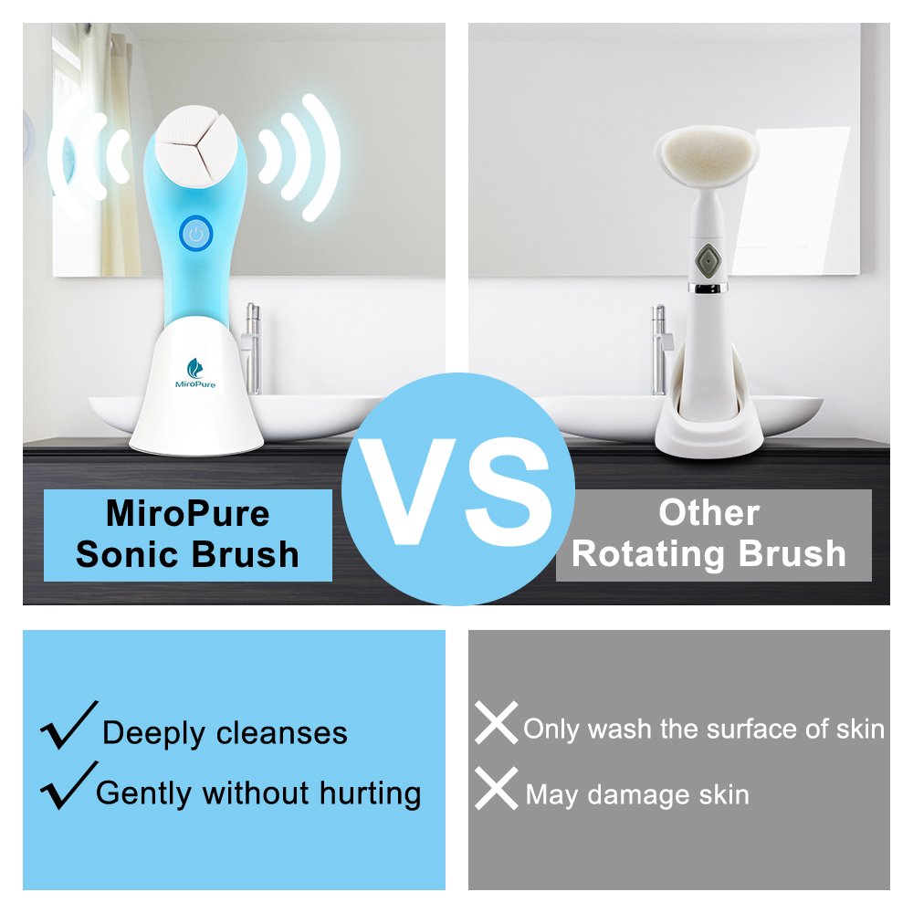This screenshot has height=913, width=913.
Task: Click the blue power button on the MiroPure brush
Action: pyautogui.click(x=194, y=235)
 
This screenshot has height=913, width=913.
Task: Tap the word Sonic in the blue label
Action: pyautogui.click(x=128, y=554)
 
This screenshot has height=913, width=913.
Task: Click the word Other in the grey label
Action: pyautogui.click(x=708, y=512)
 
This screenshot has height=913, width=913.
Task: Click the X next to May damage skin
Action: pyautogui.click(x=497, y=790)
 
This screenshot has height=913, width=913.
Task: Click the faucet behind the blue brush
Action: pyautogui.click(x=252, y=347)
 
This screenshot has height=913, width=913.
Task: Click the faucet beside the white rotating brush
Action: pyautogui.click(x=657, y=347)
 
